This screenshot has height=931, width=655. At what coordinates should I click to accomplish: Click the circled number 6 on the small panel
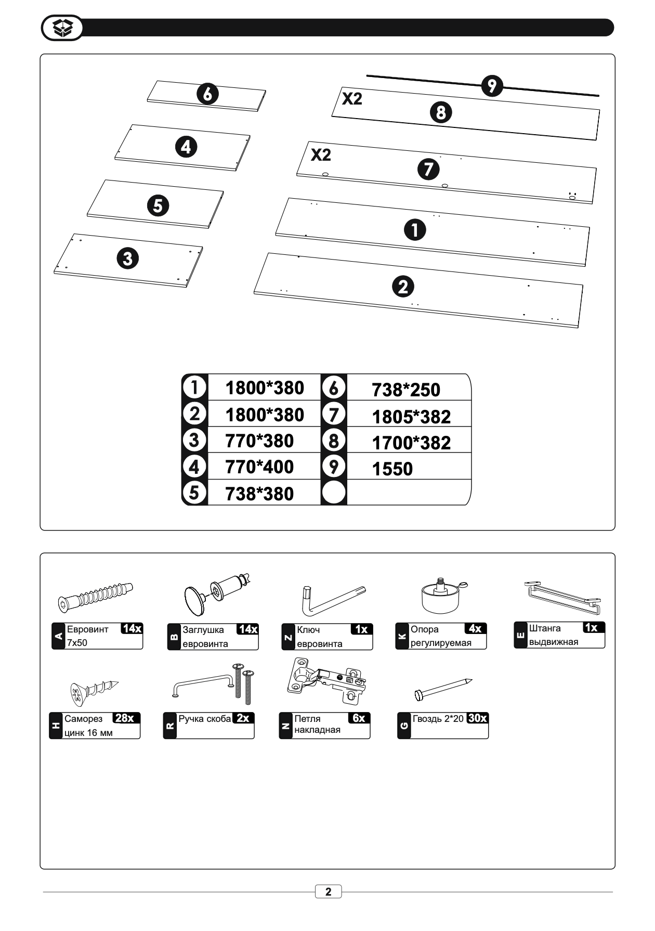[207, 94]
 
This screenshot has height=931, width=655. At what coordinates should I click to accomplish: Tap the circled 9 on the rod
[492, 86]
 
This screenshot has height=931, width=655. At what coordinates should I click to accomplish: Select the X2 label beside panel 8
[352, 98]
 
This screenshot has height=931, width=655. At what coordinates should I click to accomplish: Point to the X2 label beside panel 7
[321, 154]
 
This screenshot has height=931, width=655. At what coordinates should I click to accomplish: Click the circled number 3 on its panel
[128, 258]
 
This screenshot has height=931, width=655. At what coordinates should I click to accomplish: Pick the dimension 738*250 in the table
[405, 390]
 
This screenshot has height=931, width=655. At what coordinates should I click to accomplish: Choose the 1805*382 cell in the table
[411, 417]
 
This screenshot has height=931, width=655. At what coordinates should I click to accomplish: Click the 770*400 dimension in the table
[259, 467]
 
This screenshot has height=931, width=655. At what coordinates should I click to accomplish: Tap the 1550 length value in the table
[392, 469]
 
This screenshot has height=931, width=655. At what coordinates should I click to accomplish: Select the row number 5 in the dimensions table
[194, 492]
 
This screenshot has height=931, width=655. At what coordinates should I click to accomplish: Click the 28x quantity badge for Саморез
[125, 718]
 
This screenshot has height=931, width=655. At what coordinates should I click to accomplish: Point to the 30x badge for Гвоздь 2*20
[477, 718]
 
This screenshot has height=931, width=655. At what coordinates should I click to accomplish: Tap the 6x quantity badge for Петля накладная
[359, 718]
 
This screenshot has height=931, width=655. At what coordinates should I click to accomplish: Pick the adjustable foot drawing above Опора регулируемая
[442, 596]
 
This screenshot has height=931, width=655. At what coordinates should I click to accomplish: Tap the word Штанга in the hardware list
[545, 628]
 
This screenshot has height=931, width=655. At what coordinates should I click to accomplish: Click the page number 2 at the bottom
[328, 891]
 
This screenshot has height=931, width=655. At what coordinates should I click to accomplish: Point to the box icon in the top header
[62, 28]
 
